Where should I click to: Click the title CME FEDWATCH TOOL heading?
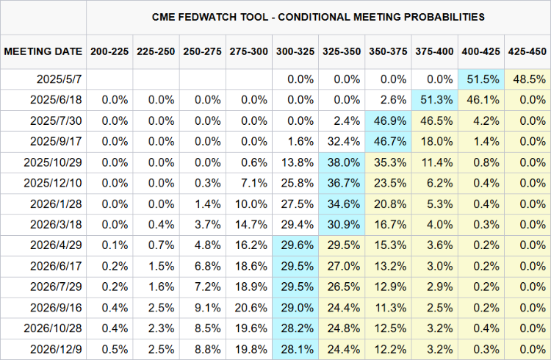tap(318, 15)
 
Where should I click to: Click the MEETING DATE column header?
tap(43, 51)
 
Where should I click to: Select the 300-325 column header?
tap(295, 51)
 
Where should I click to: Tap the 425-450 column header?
tap(527, 51)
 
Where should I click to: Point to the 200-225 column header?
tap(109, 51)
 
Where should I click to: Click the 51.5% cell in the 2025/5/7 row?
tap(481, 79)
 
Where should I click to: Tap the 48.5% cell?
tap(527, 79)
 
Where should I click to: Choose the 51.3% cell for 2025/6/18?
tap(435, 99)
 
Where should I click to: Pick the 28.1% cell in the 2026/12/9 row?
tap(295, 348)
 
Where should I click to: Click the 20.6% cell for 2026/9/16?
tap(249, 306)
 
